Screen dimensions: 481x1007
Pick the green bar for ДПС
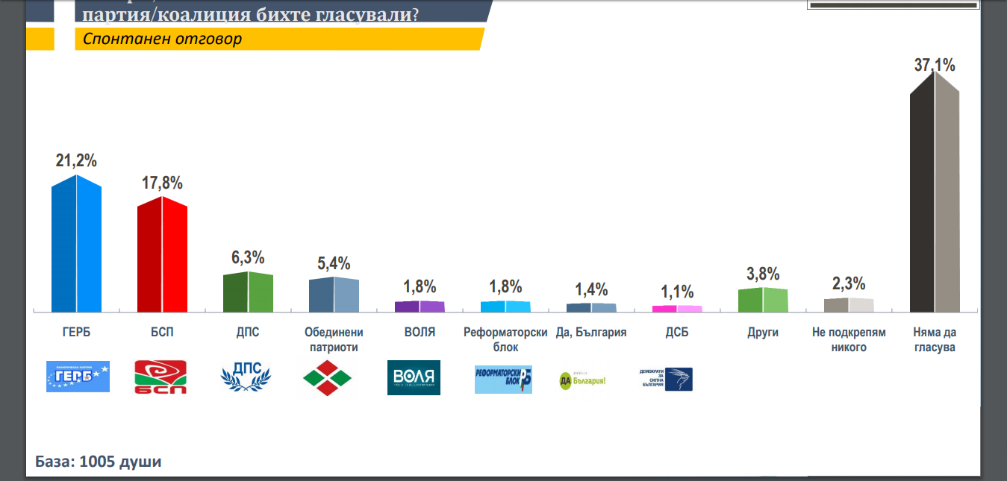(x=248, y=292)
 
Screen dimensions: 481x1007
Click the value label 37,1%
(x=935, y=66)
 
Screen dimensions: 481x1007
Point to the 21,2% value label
(x=76, y=161)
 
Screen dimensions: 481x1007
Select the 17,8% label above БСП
(x=162, y=183)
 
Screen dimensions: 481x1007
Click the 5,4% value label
(x=334, y=263)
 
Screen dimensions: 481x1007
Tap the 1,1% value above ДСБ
(x=677, y=292)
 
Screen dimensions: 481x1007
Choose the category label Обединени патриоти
(x=334, y=339)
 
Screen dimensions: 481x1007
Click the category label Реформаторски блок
(x=506, y=339)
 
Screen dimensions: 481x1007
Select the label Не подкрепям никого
(x=849, y=339)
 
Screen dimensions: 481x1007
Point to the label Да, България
(x=591, y=333)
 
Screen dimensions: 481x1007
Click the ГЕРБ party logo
(x=78, y=377)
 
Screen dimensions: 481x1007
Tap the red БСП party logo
(x=160, y=377)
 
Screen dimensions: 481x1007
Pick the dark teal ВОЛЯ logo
(x=414, y=377)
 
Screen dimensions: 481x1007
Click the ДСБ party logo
(x=666, y=379)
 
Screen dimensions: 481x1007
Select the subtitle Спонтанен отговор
(x=163, y=39)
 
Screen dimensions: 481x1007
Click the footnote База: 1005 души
(x=99, y=462)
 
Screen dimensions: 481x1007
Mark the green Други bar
(x=763, y=300)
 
